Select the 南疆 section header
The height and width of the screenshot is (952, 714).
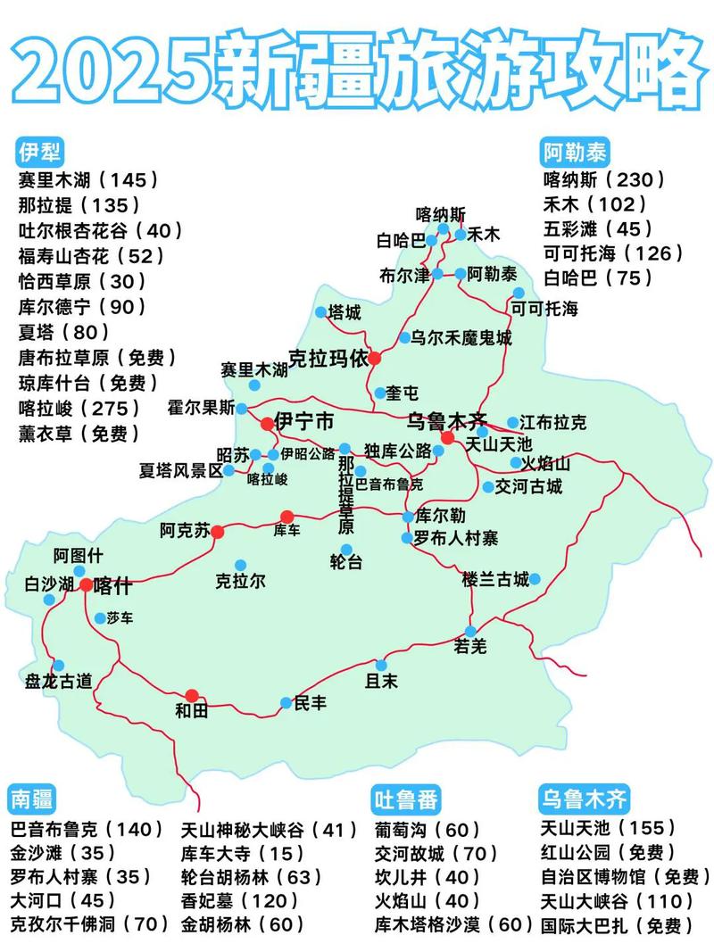[x=33, y=797]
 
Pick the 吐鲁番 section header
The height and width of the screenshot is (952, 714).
[x=407, y=797]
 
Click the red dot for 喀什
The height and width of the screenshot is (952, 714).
[x=86, y=585]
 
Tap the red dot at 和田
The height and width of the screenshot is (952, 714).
[x=192, y=695]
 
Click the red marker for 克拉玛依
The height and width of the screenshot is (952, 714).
[x=375, y=358]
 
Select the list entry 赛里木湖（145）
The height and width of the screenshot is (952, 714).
[x=88, y=178]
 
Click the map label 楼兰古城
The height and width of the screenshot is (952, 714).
[x=495, y=579]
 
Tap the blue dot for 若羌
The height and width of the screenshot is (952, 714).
[x=470, y=631]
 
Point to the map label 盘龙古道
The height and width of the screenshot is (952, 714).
[x=59, y=681]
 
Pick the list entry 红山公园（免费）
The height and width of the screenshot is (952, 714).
[x=608, y=852]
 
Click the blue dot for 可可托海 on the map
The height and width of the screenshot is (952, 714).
[x=519, y=293]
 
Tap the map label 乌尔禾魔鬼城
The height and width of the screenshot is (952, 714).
[x=461, y=337]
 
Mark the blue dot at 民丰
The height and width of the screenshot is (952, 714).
[x=286, y=703]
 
